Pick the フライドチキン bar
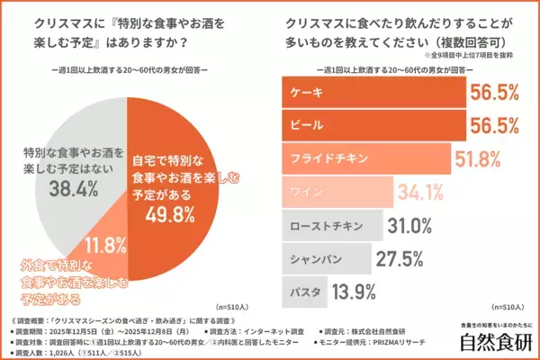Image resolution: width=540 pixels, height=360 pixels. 360,157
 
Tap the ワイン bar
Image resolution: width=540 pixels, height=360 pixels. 333,190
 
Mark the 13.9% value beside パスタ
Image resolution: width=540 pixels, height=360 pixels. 354,290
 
